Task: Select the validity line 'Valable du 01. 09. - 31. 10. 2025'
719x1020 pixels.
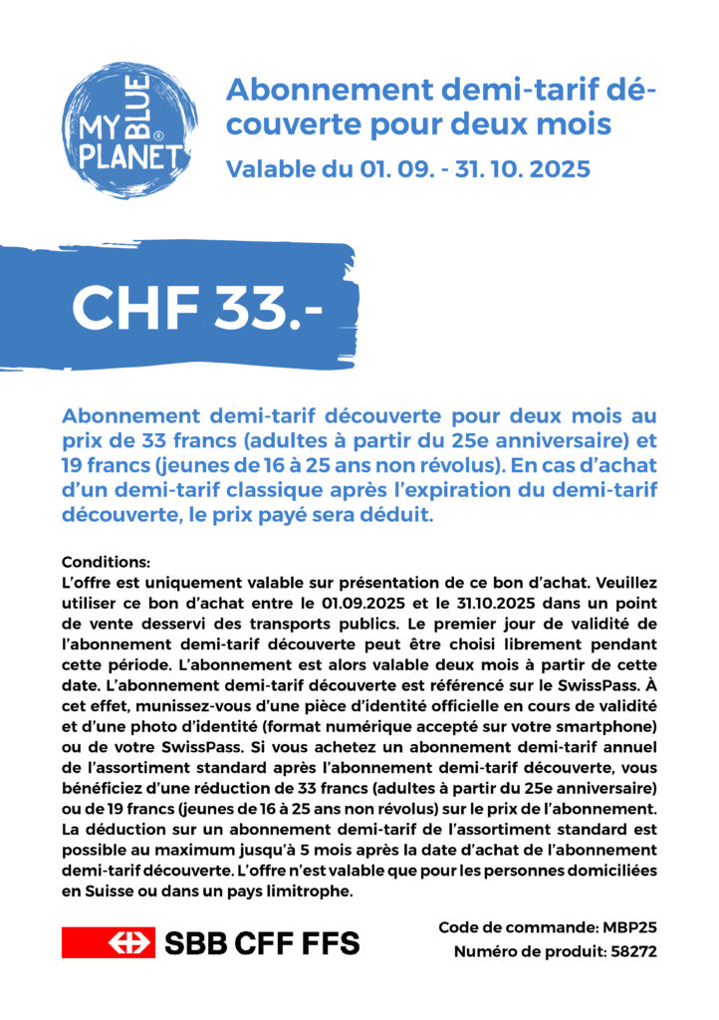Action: point(408,169)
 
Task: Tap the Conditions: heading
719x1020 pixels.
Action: point(106,562)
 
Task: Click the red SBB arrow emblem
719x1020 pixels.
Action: point(109,941)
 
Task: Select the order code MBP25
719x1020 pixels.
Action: point(627,927)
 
